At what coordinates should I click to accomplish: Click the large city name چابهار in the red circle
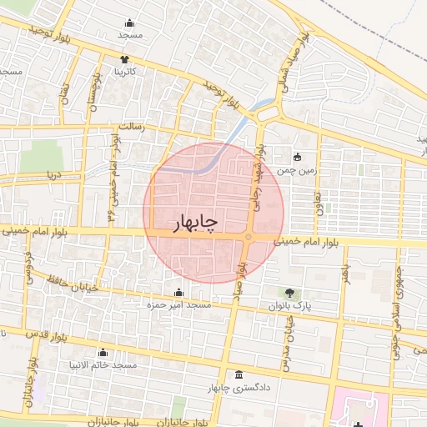click(194, 223)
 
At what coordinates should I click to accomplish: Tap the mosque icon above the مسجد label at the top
click(129, 23)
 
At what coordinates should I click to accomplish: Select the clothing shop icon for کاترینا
click(124, 59)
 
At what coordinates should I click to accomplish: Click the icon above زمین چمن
click(297, 157)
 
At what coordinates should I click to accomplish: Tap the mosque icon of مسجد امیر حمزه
click(178, 293)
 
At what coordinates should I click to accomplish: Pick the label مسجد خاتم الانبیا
click(104, 366)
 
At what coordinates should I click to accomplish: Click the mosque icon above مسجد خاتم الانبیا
click(103, 353)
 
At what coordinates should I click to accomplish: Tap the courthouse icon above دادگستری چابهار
click(240, 374)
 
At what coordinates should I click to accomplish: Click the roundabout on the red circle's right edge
click(249, 240)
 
